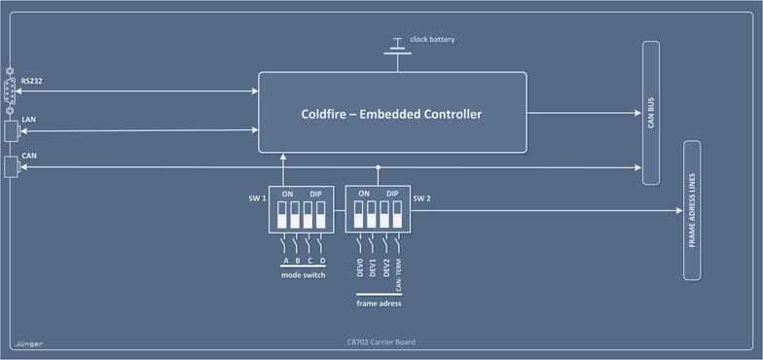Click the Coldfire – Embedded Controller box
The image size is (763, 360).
pos(391,112)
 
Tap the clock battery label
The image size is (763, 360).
pos(432,39)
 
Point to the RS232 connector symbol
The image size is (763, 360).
pos(11,91)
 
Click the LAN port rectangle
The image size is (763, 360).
pos(13,130)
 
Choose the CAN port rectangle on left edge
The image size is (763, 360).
pos(13,166)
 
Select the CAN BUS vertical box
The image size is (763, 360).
pos(652,113)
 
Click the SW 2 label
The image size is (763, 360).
pos(421,198)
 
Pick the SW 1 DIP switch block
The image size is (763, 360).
pos(302,209)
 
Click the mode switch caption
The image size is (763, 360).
pos(302,275)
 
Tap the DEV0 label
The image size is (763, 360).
pos(360,269)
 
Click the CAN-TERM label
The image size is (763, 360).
pos(399,276)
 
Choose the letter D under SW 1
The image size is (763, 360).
pos(322,261)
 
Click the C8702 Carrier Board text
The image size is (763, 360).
pos(381,342)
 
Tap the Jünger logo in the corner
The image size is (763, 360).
pos(28,343)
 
